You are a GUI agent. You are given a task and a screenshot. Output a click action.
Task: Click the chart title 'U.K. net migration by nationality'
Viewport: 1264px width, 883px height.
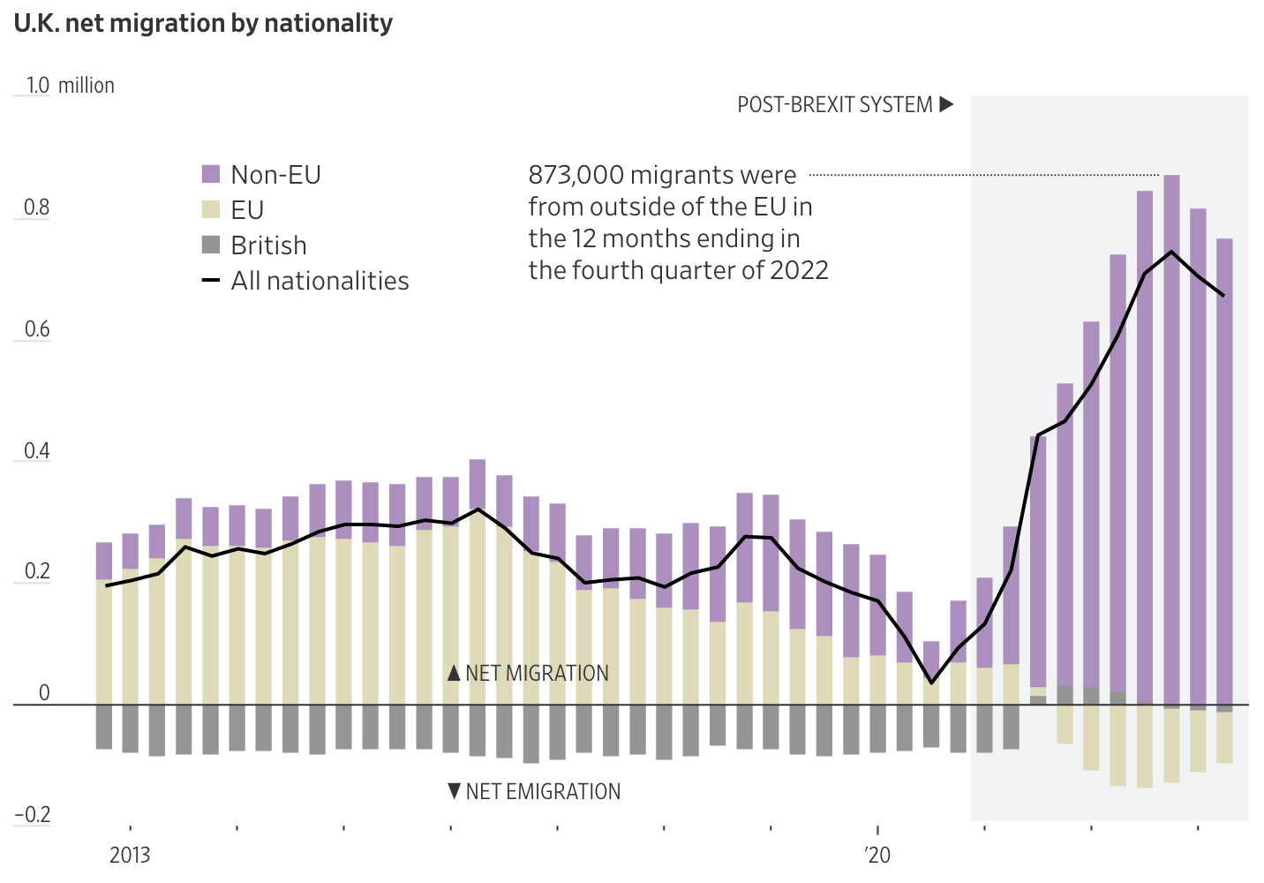point(203,23)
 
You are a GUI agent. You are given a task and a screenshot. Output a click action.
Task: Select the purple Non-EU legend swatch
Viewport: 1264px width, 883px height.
point(211,174)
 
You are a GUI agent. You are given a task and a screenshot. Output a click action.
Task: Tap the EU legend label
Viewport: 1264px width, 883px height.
point(247,210)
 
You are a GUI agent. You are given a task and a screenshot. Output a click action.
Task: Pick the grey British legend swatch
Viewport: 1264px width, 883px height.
point(211,245)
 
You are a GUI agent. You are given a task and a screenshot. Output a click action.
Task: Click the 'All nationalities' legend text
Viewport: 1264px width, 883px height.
point(320,281)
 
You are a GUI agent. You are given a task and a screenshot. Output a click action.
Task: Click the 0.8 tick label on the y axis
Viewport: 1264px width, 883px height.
point(36,208)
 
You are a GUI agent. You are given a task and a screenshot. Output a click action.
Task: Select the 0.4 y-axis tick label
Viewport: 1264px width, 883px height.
point(36,451)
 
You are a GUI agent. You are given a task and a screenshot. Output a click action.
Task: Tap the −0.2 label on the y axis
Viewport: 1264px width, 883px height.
point(34,814)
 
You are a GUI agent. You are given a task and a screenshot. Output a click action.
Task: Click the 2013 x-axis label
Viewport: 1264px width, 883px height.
point(130,855)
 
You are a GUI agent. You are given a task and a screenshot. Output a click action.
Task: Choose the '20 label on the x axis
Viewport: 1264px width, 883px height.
point(877,855)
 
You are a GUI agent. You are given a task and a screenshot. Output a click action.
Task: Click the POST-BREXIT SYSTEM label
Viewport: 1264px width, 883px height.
point(835,105)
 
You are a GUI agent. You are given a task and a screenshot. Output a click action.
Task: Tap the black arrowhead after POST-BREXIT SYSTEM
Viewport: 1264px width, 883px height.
point(946,104)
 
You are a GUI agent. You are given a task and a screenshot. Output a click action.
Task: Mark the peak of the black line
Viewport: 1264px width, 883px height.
point(1171,252)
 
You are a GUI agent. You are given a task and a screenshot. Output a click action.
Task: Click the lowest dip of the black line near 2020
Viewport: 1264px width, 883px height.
point(931,682)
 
